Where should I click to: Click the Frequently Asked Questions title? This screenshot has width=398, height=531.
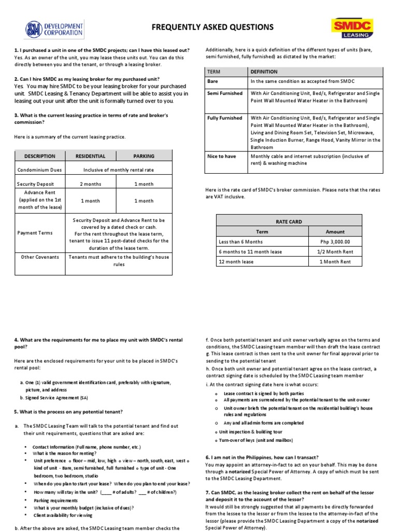tap(212, 27)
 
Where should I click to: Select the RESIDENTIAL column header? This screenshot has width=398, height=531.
tap(90, 156)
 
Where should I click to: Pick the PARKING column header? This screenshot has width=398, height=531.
tap(144, 156)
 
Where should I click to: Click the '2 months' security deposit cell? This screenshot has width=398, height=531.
tap(90, 184)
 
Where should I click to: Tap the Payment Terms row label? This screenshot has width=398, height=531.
tap(36, 233)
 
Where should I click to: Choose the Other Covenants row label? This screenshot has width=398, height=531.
tap(39, 257)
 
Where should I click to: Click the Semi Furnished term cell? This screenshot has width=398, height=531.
tap(225, 93)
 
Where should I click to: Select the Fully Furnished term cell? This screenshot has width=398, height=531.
tap(225, 118)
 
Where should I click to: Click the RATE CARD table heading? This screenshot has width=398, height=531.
tap(289, 221)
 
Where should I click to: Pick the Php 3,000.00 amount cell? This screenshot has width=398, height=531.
tap(335, 242)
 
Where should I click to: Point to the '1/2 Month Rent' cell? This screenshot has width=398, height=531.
tap(335, 251)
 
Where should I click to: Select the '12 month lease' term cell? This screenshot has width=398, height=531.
tap(236, 262)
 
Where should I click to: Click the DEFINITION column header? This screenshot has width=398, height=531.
tap(264, 72)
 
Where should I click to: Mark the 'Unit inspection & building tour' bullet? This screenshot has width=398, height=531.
tap(251, 431)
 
